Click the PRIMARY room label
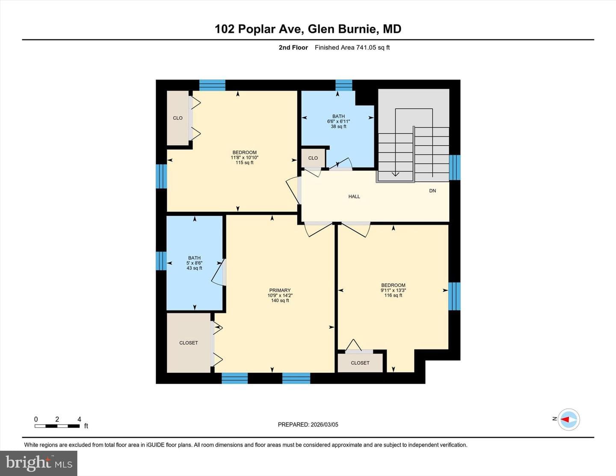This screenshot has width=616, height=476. pos(280,290)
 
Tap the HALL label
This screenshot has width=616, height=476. pos(354,196)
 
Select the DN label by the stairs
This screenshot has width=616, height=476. pos(432,191)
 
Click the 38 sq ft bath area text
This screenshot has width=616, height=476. pos(338,126)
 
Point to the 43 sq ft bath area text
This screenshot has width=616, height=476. pos(194,268)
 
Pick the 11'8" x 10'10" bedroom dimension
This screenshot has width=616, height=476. pos(244,157)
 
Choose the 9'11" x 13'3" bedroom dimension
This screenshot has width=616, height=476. pos(393,290)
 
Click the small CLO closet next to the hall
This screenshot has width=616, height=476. pos(313,158)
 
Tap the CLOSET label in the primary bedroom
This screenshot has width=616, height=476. pos(189,343)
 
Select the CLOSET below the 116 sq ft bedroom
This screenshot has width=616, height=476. pos(360,363)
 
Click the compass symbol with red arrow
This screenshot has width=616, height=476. pos(569,419)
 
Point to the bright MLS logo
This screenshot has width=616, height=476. pos(38,463)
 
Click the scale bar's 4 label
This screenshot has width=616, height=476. pos(80,419)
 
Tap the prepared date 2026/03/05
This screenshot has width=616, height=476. pos(324,424)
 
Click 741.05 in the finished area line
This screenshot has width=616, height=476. pos(366,47)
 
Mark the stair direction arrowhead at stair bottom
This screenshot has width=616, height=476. pos(395,174)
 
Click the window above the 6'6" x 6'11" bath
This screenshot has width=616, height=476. pos(344,85)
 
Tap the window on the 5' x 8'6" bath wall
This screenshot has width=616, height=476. pos(161,261)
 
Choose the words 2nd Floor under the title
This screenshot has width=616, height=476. pos(293,47)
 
